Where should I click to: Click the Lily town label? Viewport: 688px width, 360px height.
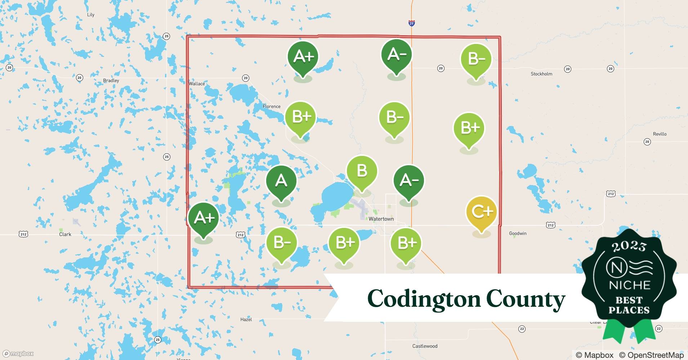(x=91, y=15)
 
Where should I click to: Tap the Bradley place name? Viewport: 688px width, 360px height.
(x=111, y=81)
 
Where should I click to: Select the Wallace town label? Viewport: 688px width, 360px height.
(x=197, y=84)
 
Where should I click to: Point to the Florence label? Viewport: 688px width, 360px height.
(x=272, y=107)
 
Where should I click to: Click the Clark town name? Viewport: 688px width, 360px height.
(x=65, y=234)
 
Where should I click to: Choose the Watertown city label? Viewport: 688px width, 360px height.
(x=381, y=219)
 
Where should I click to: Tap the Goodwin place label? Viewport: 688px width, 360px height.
(x=518, y=234)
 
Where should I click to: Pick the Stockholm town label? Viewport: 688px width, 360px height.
(x=541, y=74)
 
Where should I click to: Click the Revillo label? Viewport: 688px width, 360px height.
(x=660, y=134)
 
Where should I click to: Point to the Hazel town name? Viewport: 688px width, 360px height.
(x=246, y=320)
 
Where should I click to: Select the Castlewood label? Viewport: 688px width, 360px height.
(x=425, y=346)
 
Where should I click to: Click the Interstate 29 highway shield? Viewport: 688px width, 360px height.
(x=412, y=23)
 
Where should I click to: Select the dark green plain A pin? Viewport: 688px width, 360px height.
(x=281, y=181)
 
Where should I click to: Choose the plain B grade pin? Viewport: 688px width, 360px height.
(x=362, y=171)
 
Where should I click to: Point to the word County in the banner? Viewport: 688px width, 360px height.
(x=526, y=299)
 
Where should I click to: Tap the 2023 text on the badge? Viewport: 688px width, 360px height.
(x=629, y=246)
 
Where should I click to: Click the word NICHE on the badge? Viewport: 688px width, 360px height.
(x=629, y=285)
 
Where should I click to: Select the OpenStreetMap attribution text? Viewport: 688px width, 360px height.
(x=651, y=355)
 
